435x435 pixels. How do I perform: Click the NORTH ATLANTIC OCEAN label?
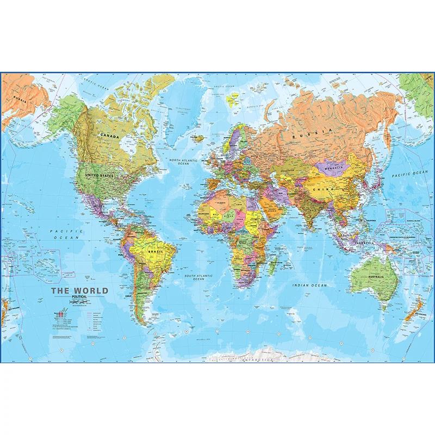(183, 162)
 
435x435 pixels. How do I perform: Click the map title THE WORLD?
(79, 290)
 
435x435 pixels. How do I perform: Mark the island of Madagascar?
(272, 265)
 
